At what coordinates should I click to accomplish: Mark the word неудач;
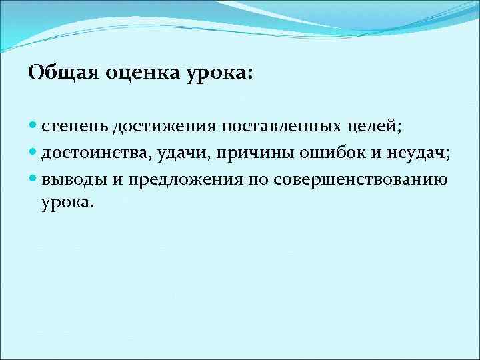tap(417, 154)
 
